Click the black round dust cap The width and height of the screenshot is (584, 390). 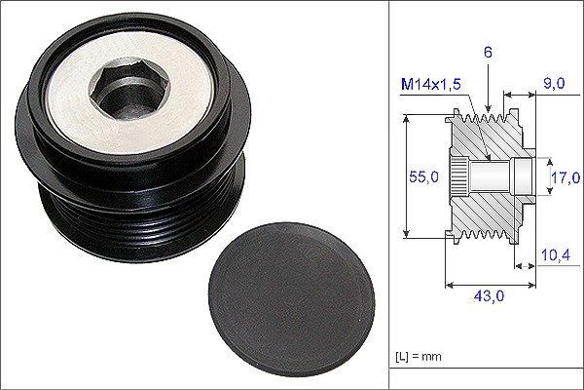click(292, 299)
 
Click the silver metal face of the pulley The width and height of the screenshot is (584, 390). click(130, 97)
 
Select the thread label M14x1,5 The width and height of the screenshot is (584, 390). click(430, 85)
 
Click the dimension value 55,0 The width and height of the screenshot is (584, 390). click(423, 176)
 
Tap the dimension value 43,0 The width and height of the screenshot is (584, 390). click(489, 296)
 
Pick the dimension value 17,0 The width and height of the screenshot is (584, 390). click(566, 177)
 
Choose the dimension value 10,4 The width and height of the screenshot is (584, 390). click(556, 255)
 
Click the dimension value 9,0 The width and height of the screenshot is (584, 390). click(554, 83)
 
